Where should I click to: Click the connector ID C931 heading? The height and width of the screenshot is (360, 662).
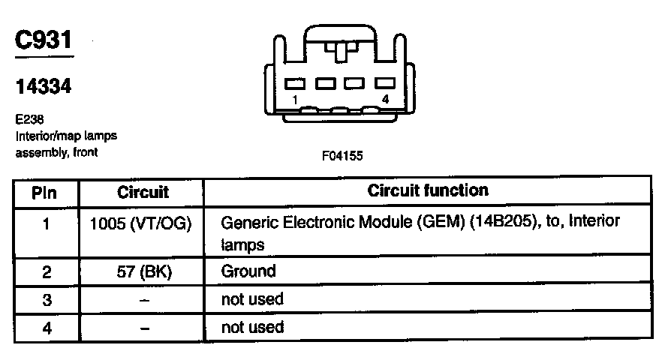click(x=44, y=40)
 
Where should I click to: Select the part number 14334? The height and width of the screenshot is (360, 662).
click(x=44, y=87)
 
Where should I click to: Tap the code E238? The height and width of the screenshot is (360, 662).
click(x=28, y=119)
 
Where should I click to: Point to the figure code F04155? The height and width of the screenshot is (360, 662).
click(x=342, y=156)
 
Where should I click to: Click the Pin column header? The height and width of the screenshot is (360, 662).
click(x=46, y=192)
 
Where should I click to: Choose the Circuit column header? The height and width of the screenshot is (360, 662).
click(x=143, y=192)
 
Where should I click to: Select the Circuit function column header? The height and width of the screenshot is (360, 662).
click(x=428, y=190)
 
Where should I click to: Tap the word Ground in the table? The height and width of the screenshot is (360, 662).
click(x=248, y=271)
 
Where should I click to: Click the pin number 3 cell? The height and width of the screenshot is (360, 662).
click(x=46, y=300)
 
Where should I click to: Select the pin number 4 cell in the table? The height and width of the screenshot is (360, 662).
click(x=46, y=328)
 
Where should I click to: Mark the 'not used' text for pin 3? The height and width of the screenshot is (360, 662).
click(x=252, y=299)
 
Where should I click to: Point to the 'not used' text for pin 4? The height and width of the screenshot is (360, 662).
click(x=252, y=327)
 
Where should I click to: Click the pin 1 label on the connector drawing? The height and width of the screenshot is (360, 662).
click(x=296, y=99)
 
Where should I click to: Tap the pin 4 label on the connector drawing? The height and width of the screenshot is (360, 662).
click(x=386, y=99)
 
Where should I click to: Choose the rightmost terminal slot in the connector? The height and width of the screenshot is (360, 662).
click(x=385, y=84)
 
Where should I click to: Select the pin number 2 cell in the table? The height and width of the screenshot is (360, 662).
click(x=46, y=272)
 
